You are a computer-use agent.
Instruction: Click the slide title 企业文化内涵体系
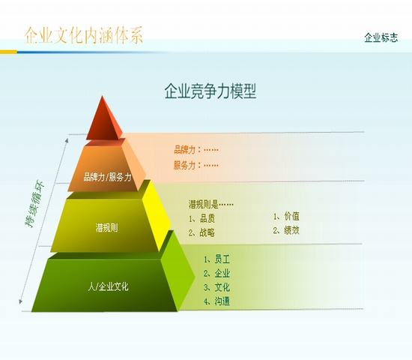(84, 35)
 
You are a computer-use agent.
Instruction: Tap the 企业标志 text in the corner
(381, 37)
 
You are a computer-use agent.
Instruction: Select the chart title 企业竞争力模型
(210, 91)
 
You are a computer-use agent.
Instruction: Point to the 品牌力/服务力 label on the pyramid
(107, 177)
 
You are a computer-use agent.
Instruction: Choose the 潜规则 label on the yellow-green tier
(106, 228)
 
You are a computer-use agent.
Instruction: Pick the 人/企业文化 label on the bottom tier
(109, 286)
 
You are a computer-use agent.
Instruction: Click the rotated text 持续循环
(34, 203)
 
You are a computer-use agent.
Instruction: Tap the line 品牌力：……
(196, 150)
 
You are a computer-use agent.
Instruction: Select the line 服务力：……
(196, 165)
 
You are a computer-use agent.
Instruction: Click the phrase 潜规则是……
(211, 204)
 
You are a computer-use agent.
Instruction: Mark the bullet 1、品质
(202, 218)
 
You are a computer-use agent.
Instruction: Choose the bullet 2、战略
(202, 232)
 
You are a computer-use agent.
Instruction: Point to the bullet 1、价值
(286, 217)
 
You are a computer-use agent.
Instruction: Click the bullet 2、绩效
(286, 230)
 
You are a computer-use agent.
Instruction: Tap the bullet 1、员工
(216, 259)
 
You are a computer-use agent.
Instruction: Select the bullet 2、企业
(216, 274)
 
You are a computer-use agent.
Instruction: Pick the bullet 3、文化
(216, 287)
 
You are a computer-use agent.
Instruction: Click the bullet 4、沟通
(216, 301)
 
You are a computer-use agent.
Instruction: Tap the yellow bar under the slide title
(8, 52)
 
